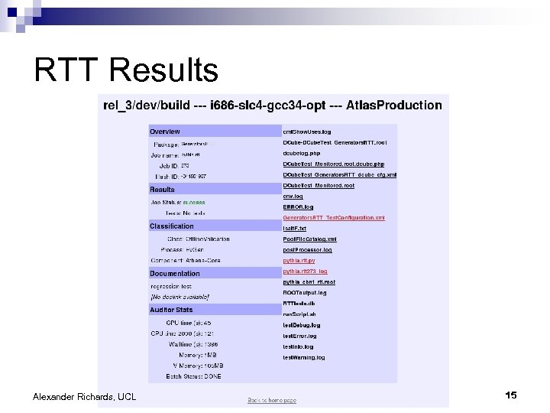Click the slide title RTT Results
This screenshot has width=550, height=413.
pos(126,70)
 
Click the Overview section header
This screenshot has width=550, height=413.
pos(165,132)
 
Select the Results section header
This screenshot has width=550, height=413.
pos(162,190)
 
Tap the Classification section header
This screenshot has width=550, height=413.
pos(172,226)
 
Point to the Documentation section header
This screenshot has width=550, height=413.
pos(175,274)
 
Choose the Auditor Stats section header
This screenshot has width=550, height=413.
pos(172,310)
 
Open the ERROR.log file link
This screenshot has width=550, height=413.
pos(298,206)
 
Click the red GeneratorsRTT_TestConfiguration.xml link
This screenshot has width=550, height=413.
pos(334,217)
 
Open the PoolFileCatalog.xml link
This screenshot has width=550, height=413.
pos(309,239)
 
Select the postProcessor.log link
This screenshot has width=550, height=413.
pos(308,249)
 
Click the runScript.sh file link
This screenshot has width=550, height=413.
pos(299,314)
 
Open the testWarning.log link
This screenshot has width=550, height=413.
pos(304,357)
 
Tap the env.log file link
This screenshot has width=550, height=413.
pos(293,196)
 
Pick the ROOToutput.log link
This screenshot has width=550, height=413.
pos(305,292)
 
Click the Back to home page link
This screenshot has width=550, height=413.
pos(271,400)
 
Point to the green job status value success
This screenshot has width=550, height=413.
pos(194,203)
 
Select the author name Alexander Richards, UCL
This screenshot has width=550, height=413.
pos(84,396)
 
